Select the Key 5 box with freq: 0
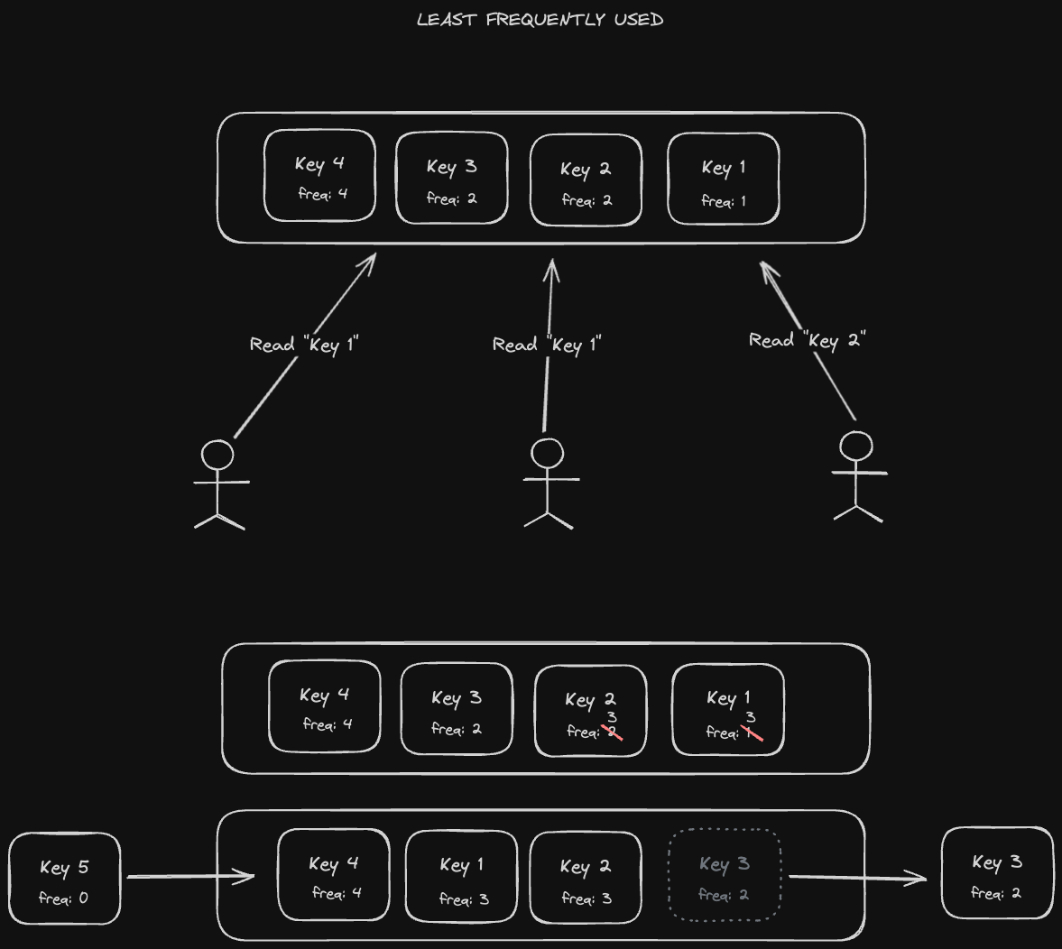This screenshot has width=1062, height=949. (x=64, y=879)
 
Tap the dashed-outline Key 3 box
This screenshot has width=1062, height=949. (x=725, y=875)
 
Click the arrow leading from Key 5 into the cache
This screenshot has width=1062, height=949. (x=189, y=876)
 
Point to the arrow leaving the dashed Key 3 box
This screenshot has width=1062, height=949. (x=857, y=877)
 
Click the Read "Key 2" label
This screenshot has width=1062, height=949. (x=808, y=340)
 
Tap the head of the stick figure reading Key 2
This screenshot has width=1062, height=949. (x=856, y=447)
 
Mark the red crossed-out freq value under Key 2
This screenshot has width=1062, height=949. (x=614, y=732)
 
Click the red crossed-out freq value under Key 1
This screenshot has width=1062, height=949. (x=752, y=732)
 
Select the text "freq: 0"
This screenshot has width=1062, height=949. (x=63, y=898)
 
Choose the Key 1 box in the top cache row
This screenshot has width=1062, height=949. (x=724, y=179)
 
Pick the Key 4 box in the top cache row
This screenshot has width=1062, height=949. (x=319, y=176)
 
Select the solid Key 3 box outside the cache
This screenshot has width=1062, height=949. (x=997, y=875)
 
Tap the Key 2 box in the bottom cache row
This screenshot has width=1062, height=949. (x=586, y=878)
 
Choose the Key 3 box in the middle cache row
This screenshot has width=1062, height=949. (x=457, y=709)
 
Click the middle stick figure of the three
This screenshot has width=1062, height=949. (x=548, y=483)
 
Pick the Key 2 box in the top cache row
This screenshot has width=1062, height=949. (x=586, y=180)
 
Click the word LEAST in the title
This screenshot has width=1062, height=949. (x=446, y=19)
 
